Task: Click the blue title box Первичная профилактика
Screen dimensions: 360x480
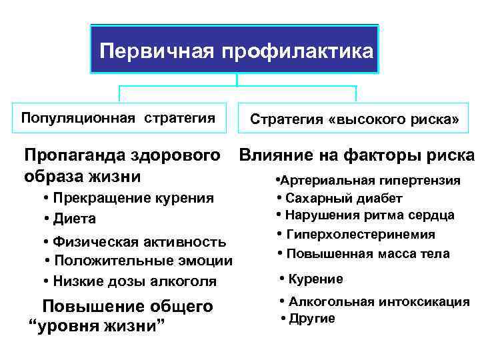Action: (x=235, y=50)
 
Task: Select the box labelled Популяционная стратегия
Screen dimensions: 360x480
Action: (x=119, y=119)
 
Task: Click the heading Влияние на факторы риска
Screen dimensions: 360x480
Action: (x=357, y=156)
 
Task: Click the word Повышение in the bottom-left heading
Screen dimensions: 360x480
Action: (x=84, y=307)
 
